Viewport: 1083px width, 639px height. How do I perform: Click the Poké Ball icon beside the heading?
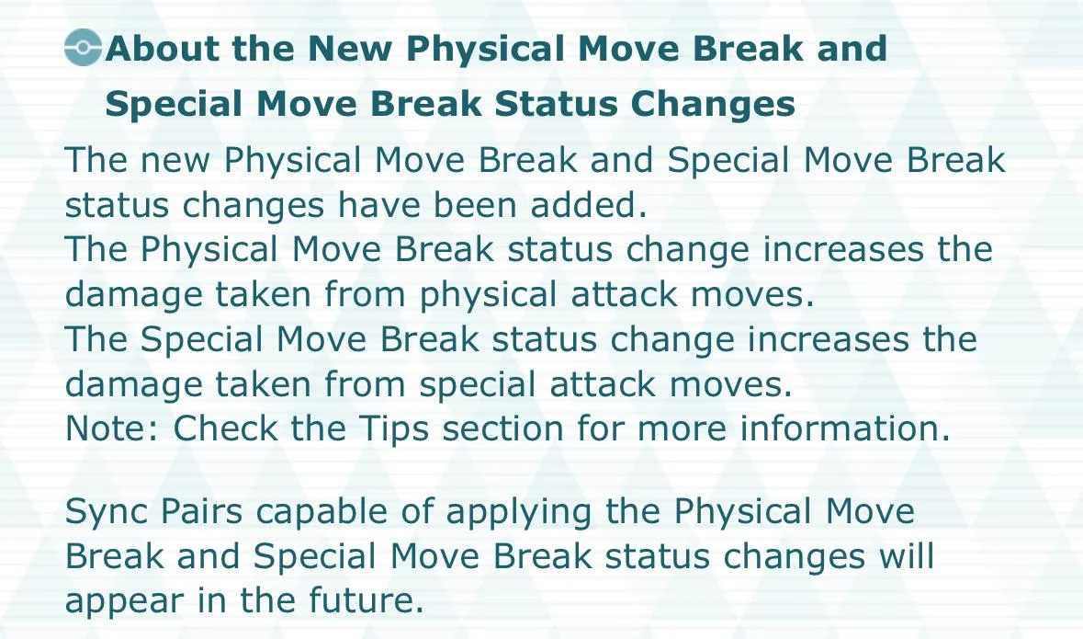point(83,48)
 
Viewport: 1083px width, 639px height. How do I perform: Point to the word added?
point(589,205)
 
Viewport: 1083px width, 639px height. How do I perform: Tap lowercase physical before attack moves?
point(488,294)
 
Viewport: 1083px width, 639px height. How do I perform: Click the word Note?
point(112,428)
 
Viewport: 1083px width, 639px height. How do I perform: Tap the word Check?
point(224,428)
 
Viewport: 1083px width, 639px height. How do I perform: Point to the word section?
point(502,428)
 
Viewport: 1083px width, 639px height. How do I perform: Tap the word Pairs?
point(201,512)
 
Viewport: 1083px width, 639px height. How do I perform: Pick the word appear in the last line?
point(124,601)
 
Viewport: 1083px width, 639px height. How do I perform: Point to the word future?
point(366,599)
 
